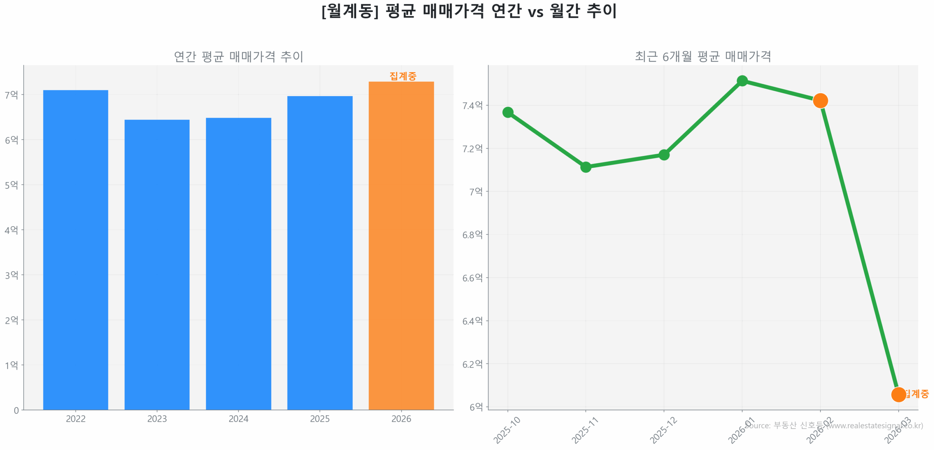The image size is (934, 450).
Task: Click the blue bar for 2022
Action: pos(76,250)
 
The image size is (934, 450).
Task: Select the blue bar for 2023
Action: pos(157,264)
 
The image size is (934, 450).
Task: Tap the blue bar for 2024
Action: pos(238,263)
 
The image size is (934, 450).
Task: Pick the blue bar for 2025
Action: pos(320,253)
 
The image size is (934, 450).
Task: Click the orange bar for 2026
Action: pos(401,245)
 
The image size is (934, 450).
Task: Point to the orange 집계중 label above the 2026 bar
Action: pos(402,76)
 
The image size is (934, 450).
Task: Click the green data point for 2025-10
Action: pos(507,112)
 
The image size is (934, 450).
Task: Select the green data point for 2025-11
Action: pos(586,167)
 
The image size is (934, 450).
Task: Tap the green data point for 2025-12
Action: pos(664,155)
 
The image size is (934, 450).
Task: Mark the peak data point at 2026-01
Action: pos(742,81)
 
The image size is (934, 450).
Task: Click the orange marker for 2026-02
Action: pos(820,101)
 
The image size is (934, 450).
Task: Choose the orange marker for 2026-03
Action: pos(898,394)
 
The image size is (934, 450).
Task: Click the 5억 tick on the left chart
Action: pos(11,185)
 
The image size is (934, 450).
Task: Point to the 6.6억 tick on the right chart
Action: pos(472,278)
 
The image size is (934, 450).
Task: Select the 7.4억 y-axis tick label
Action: pos(472,106)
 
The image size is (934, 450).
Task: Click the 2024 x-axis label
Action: pos(238,419)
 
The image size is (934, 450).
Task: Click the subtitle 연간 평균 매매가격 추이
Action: pos(238,56)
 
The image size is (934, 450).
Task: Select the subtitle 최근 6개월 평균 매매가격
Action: pos(703,56)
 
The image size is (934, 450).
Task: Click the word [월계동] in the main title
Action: pos(350,11)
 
